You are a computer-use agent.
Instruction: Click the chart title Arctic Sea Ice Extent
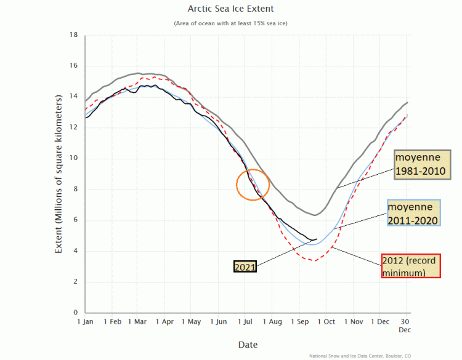click(230, 9)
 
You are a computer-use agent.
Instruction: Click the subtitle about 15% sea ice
click(230, 23)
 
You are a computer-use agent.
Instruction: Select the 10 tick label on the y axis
click(73, 159)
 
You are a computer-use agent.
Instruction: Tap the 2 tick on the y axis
click(75, 282)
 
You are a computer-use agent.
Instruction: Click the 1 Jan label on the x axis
click(85, 322)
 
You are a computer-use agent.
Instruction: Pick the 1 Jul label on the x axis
click(245, 322)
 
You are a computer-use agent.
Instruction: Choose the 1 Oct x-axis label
click(327, 322)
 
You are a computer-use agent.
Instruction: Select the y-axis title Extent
click(59, 174)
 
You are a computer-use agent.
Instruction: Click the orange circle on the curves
click(253, 184)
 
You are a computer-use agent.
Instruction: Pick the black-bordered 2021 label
click(244, 267)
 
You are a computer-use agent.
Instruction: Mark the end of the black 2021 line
click(317, 239)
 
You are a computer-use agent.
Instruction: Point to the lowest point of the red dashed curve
click(314, 260)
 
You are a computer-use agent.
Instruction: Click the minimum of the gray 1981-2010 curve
click(315, 215)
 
